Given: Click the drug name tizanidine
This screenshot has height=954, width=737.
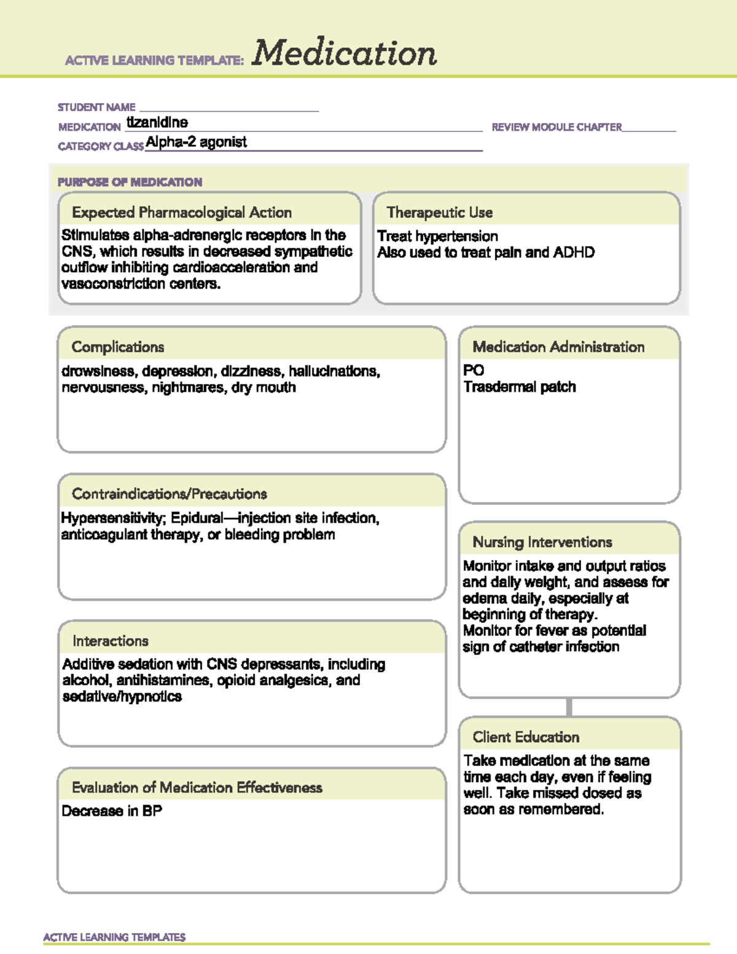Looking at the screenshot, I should coord(157,122).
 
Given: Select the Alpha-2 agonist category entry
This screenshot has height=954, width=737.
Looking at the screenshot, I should coord(196,142).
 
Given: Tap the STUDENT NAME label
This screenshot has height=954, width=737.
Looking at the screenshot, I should coord(96,108).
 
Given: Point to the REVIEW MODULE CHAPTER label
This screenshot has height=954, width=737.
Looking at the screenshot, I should coord(556,127).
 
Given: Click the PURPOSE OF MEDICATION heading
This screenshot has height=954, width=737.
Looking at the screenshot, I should coord(130,182).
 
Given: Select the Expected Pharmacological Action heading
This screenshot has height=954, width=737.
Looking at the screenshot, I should coord(182,213).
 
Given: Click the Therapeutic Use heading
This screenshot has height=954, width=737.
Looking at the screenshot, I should coord(440,213).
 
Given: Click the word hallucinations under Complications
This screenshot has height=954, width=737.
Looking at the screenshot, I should coord(334,371).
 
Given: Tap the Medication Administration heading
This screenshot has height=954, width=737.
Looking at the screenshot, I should coord(558,347).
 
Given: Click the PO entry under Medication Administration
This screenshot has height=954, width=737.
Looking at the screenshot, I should coord(474,370).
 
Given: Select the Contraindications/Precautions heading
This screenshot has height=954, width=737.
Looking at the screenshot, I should coord(170,494).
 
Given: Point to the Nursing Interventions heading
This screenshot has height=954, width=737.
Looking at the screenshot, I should coord(542,542).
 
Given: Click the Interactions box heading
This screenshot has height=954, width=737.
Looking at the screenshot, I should coord(111,641).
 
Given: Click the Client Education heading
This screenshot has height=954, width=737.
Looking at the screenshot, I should coord(526,737).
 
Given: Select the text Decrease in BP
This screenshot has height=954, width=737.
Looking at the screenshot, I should coord(112,811).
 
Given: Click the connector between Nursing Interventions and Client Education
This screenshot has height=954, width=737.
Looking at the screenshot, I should coord(569,707).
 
